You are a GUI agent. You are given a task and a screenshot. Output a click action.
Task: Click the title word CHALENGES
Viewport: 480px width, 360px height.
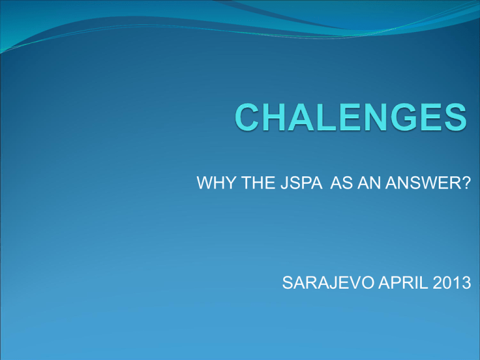(x=351, y=117)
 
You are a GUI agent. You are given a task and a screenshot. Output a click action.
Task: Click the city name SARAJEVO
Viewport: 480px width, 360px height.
(x=328, y=282)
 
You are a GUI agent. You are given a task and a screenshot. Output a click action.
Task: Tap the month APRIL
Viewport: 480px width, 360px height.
(x=403, y=282)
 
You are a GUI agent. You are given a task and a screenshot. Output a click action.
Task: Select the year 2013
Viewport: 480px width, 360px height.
(x=451, y=282)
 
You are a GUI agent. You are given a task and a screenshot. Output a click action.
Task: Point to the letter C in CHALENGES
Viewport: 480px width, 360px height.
(x=246, y=117)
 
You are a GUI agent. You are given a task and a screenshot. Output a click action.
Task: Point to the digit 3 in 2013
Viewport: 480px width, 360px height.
(x=466, y=282)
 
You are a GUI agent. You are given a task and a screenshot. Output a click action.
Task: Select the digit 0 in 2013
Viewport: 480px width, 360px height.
(x=447, y=282)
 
